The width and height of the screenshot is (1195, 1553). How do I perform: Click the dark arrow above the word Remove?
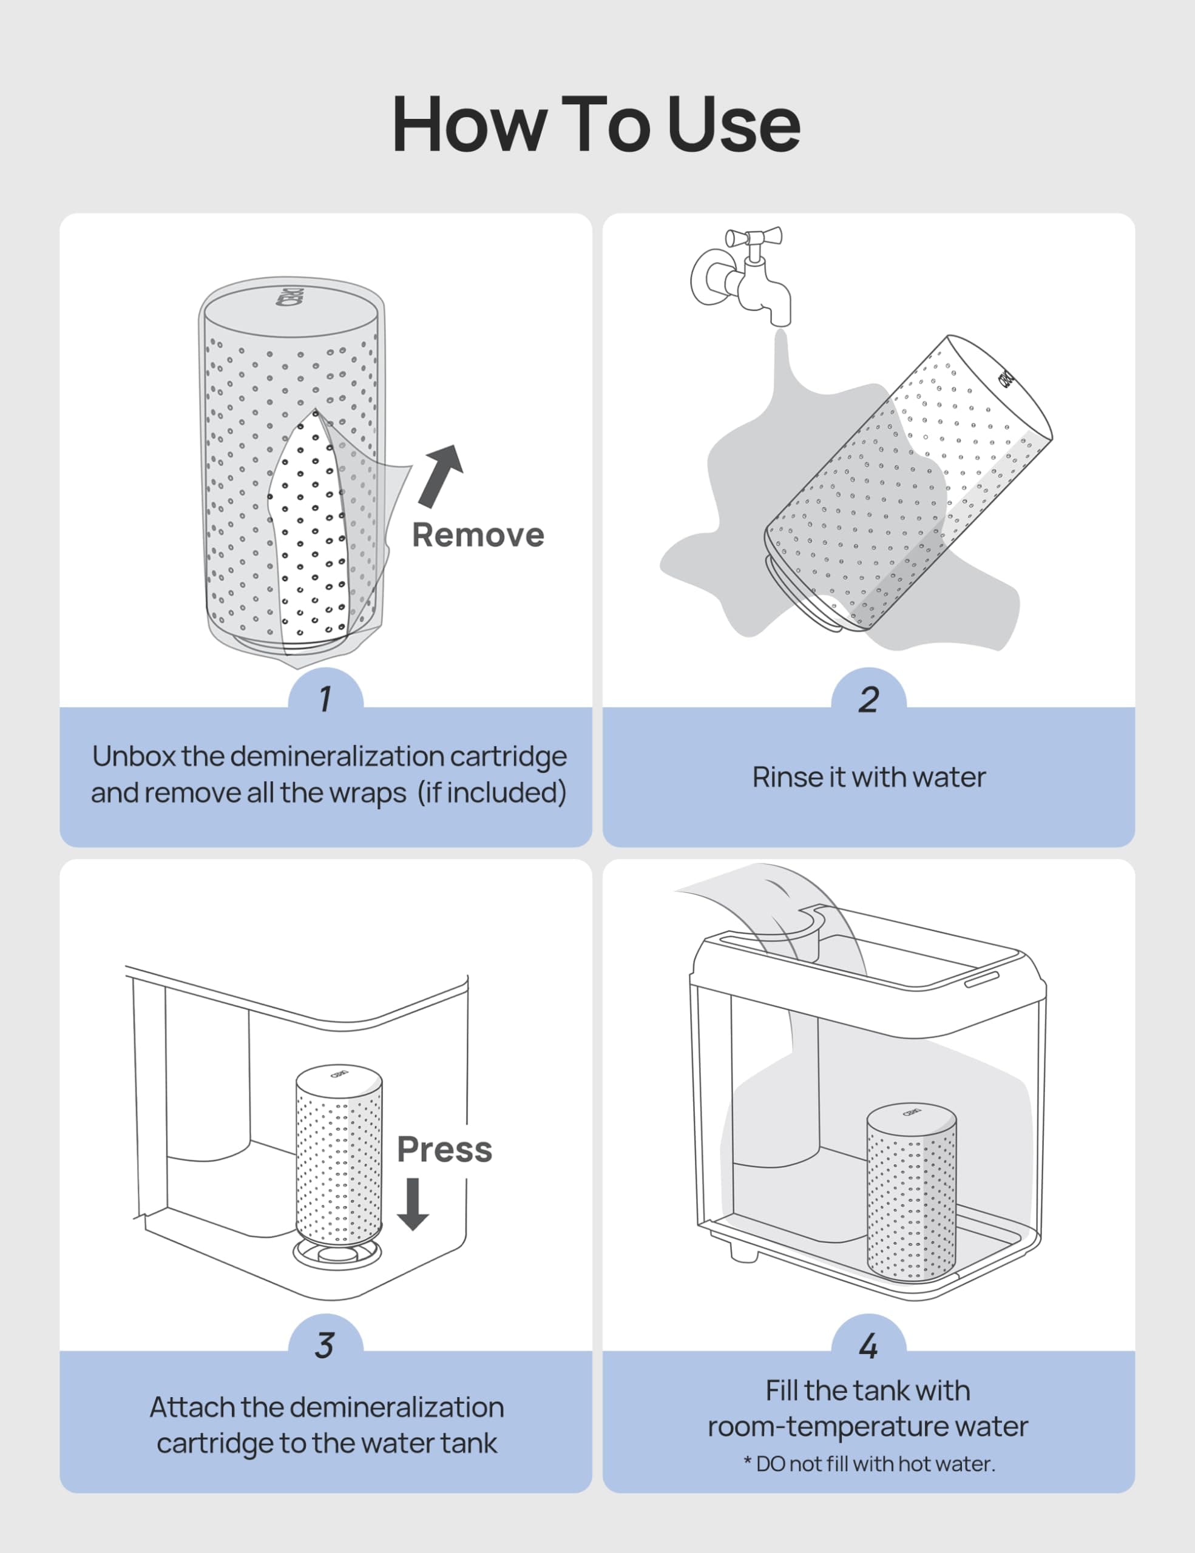[441, 475]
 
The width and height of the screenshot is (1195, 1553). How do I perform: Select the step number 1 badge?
[325, 698]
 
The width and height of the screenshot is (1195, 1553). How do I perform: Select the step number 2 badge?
[868, 698]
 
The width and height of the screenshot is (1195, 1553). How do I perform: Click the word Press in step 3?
[444, 1149]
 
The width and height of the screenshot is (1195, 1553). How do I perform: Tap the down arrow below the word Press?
[413, 1204]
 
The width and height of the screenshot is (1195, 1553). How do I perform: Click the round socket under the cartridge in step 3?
[337, 1256]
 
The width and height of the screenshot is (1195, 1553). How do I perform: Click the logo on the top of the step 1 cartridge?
[290, 297]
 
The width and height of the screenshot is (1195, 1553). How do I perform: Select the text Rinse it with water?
[868, 777]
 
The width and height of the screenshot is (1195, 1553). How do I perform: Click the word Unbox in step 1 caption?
[134, 756]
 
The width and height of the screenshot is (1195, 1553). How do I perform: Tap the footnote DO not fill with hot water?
[868, 1464]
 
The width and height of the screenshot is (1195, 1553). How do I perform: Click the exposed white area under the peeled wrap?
[307, 541]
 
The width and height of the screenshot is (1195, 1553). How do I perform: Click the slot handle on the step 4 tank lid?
[981, 979]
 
